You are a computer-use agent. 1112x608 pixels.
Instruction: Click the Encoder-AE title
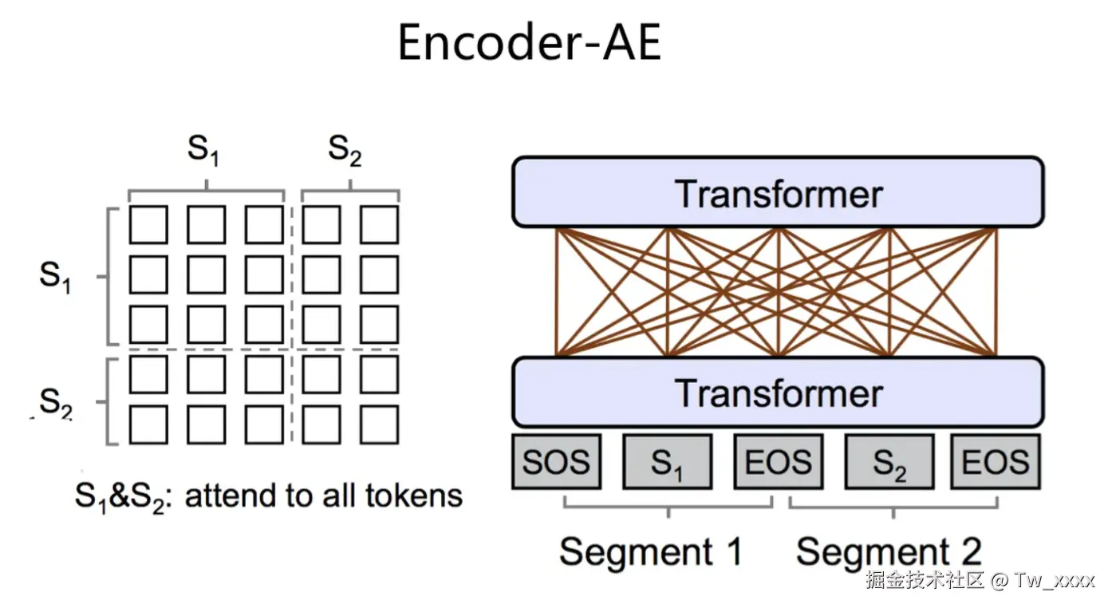(529, 43)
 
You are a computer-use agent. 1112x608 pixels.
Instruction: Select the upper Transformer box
(778, 191)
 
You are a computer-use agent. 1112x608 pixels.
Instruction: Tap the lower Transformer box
(778, 392)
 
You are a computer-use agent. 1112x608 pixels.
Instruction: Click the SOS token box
(557, 462)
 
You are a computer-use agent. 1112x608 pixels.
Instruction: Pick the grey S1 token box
(668, 462)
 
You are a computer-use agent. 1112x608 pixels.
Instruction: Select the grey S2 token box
(889, 462)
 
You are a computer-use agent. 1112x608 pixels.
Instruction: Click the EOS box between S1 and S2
(779, 462)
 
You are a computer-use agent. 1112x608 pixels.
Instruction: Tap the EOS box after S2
(996, 462)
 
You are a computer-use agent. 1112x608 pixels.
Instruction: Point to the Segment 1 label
(651, 551)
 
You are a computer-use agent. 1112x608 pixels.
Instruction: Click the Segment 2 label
(889, 551)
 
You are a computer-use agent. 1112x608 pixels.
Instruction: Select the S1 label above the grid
(203, 150)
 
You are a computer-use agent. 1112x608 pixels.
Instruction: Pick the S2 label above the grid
(345, 150)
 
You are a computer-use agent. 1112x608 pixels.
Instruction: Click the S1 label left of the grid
(55, 276)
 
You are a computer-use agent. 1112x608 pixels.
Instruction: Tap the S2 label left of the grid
(56, 402)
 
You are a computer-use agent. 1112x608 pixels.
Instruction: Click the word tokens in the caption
(414, 495)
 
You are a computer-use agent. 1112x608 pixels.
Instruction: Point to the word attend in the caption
(231, 495)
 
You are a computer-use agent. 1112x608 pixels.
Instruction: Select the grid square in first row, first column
(148, 224)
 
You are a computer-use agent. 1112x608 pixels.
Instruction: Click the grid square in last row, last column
(379, 424)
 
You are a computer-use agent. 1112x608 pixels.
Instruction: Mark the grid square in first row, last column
(379, 224)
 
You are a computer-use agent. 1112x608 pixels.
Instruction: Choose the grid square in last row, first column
(148, 424)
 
